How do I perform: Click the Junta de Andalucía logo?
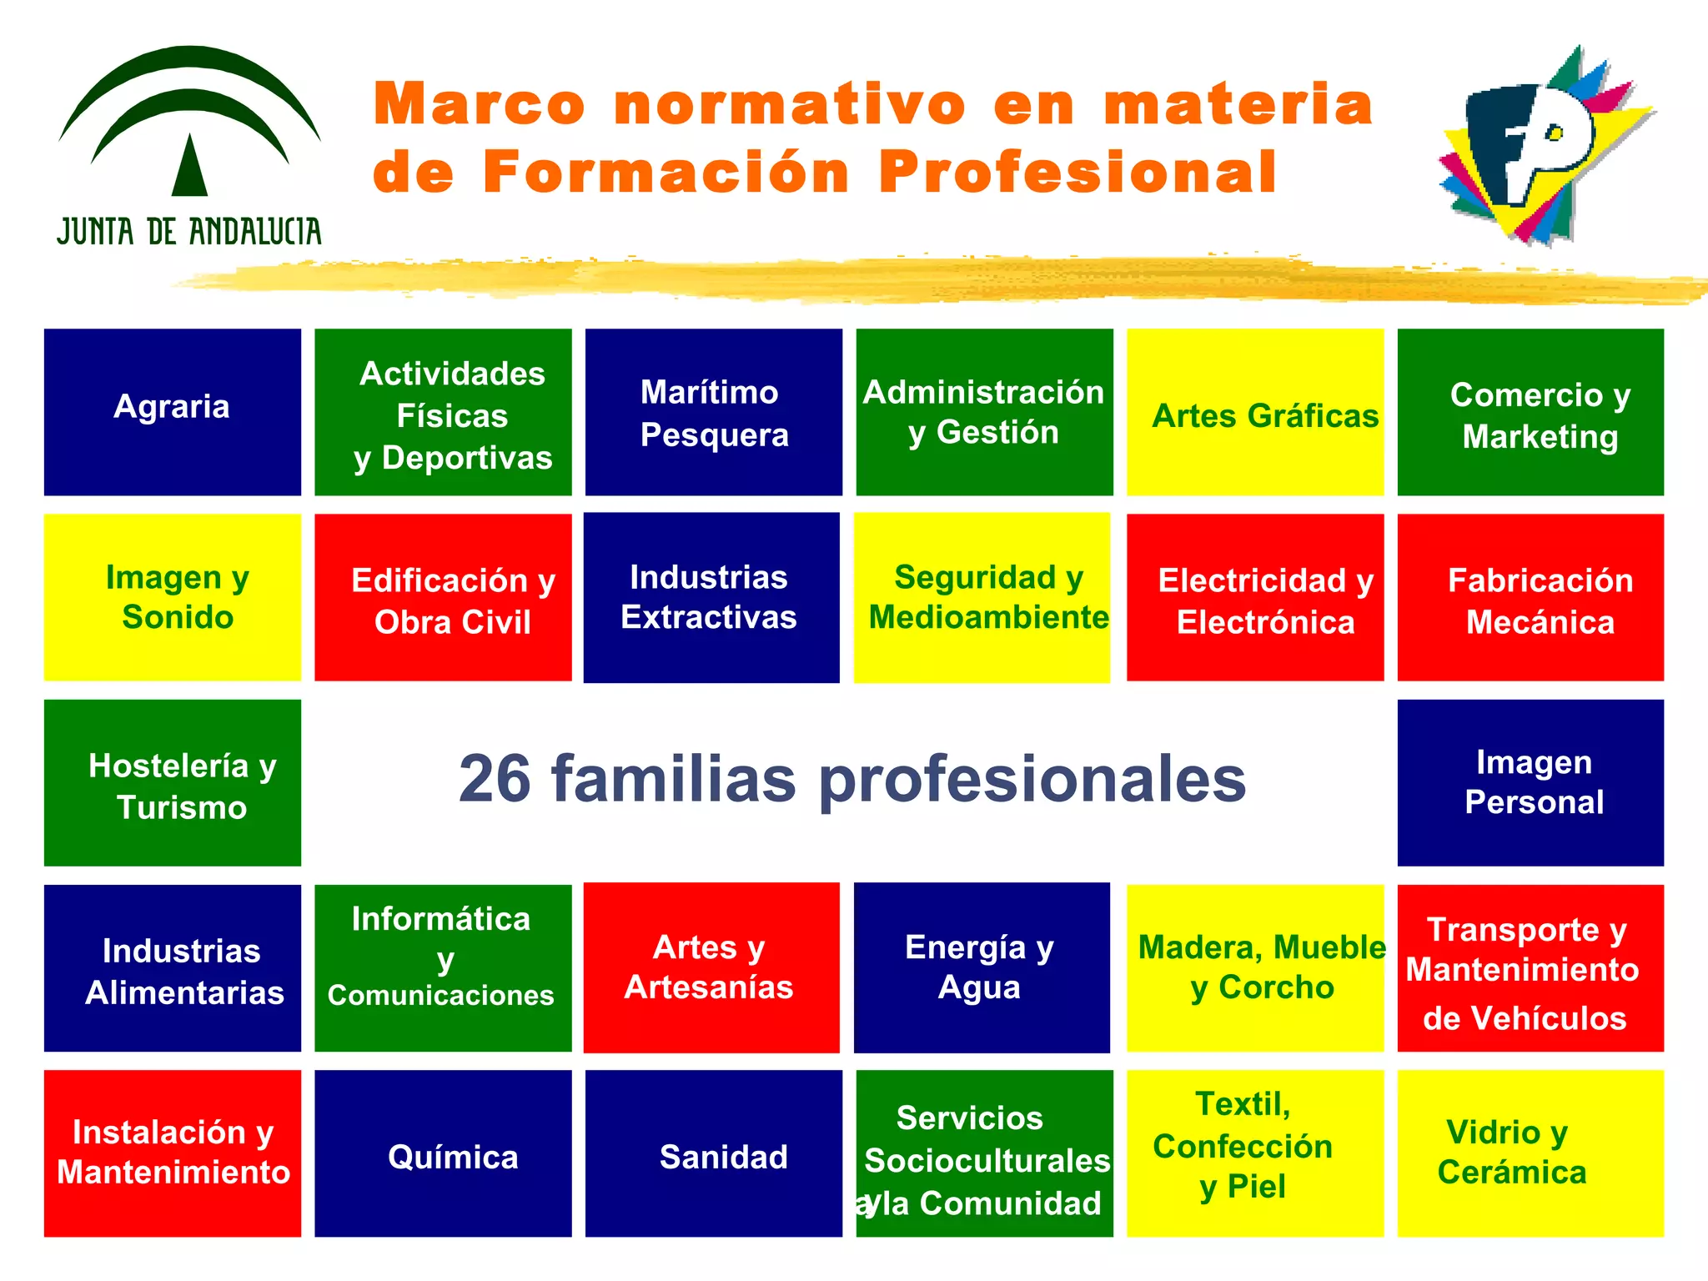click(189, 146)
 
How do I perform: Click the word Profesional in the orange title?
click(1077, 173)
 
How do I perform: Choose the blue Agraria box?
click(173, 412)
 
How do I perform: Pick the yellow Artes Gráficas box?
click(1255, 412)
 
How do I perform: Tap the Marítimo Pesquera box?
click(714, 412)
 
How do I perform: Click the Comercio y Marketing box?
click(1530, 412)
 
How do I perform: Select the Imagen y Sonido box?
click(173, 597)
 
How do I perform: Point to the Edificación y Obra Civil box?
click(443, 597)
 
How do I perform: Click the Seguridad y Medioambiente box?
click(982, 597)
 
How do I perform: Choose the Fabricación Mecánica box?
click(1530, 597)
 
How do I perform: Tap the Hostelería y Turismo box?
click(173, 783)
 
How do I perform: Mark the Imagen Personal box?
click(1530, 783)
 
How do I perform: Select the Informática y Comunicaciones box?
click(443, 968)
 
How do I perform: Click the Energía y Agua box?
click(982, 967)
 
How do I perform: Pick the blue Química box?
click(443, 1153)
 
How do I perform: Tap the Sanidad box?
click(714, 1153)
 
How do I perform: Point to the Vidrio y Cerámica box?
click(1530, 1153)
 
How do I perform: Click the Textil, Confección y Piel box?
click(1255, 1153)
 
